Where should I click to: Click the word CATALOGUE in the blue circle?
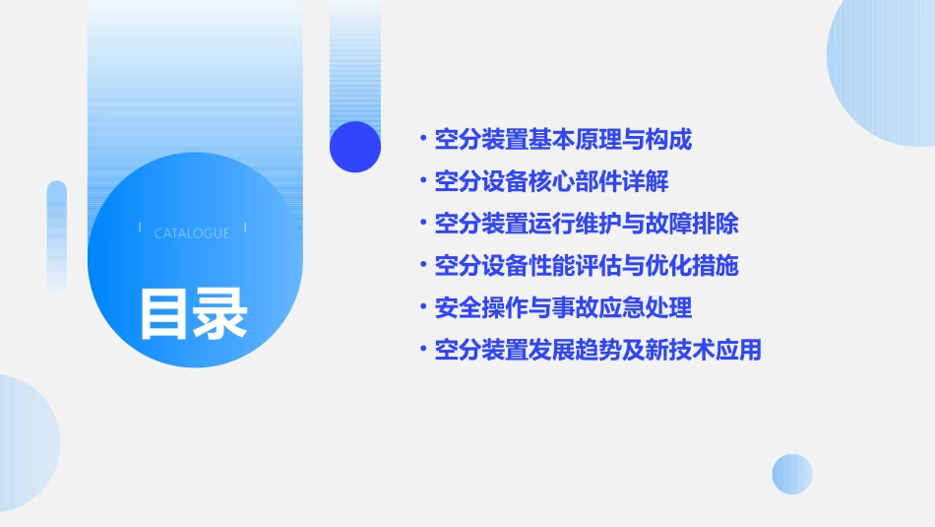[192, 233]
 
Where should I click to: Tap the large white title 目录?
[193, 312]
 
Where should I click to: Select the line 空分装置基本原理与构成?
[563, 140]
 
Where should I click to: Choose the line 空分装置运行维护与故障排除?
[587, 224]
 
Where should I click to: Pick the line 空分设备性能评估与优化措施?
[587, 266]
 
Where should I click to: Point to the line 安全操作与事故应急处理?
[563, 308]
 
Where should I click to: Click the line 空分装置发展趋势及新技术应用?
[598, 350]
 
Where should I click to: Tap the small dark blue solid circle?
[355, 147]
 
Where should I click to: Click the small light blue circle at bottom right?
[792, 474]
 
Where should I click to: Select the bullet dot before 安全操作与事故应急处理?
[422, 308]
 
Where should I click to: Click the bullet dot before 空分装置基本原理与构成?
[422, 140]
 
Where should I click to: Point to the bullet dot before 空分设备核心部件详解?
[422, 182]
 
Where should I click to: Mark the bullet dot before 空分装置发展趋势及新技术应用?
[422, 350]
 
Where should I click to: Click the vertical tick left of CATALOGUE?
[140, 229]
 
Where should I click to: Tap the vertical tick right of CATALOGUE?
[245, 229]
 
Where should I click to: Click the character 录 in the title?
[221, 312]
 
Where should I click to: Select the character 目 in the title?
[164, 312]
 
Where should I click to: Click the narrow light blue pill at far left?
[56, 236]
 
